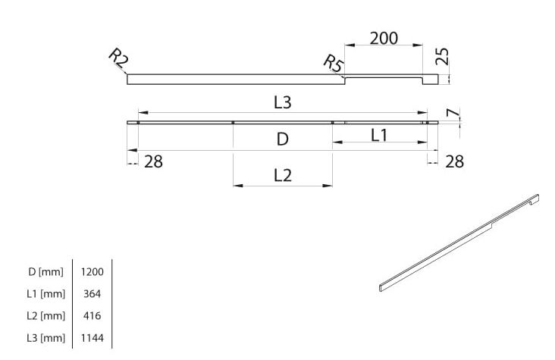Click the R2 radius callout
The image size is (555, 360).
pos(118,58)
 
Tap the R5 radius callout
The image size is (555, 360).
pos(333,63)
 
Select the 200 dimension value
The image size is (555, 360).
pos(384,39)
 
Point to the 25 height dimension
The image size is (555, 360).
pos(443,56)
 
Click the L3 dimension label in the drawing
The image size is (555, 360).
pos(282,102)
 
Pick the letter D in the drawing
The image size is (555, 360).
pos(282,139)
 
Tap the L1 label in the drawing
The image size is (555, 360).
pos(379,135)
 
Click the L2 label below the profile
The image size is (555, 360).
pos(282,175)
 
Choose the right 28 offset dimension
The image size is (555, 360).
pos(454,161)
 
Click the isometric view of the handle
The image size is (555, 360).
pos(459,243)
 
